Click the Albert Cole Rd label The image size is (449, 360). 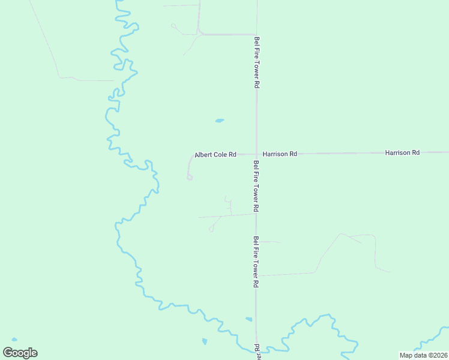(215, 155)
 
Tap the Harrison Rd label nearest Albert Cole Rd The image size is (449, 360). (280, 154)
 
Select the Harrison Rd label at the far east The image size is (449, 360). (402, 153)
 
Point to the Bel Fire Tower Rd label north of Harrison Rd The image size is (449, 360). (256, 62)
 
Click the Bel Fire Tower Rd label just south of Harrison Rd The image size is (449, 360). (256, 186)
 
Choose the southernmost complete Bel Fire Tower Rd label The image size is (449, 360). (256, 262)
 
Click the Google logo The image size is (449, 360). (20, 353)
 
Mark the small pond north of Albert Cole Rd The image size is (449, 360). (220, 121)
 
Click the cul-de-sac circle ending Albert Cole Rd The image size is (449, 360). (190, 177)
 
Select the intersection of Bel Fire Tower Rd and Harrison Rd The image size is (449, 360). (256, 154)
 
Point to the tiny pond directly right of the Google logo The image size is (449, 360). (14, 340)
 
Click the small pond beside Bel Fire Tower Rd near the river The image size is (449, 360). (249, 319)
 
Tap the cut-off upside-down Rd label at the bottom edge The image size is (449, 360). (256, 350)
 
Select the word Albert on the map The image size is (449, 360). (203, 155)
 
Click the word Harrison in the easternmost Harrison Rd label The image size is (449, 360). (398, 153)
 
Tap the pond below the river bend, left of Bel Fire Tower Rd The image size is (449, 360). (205, 342)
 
